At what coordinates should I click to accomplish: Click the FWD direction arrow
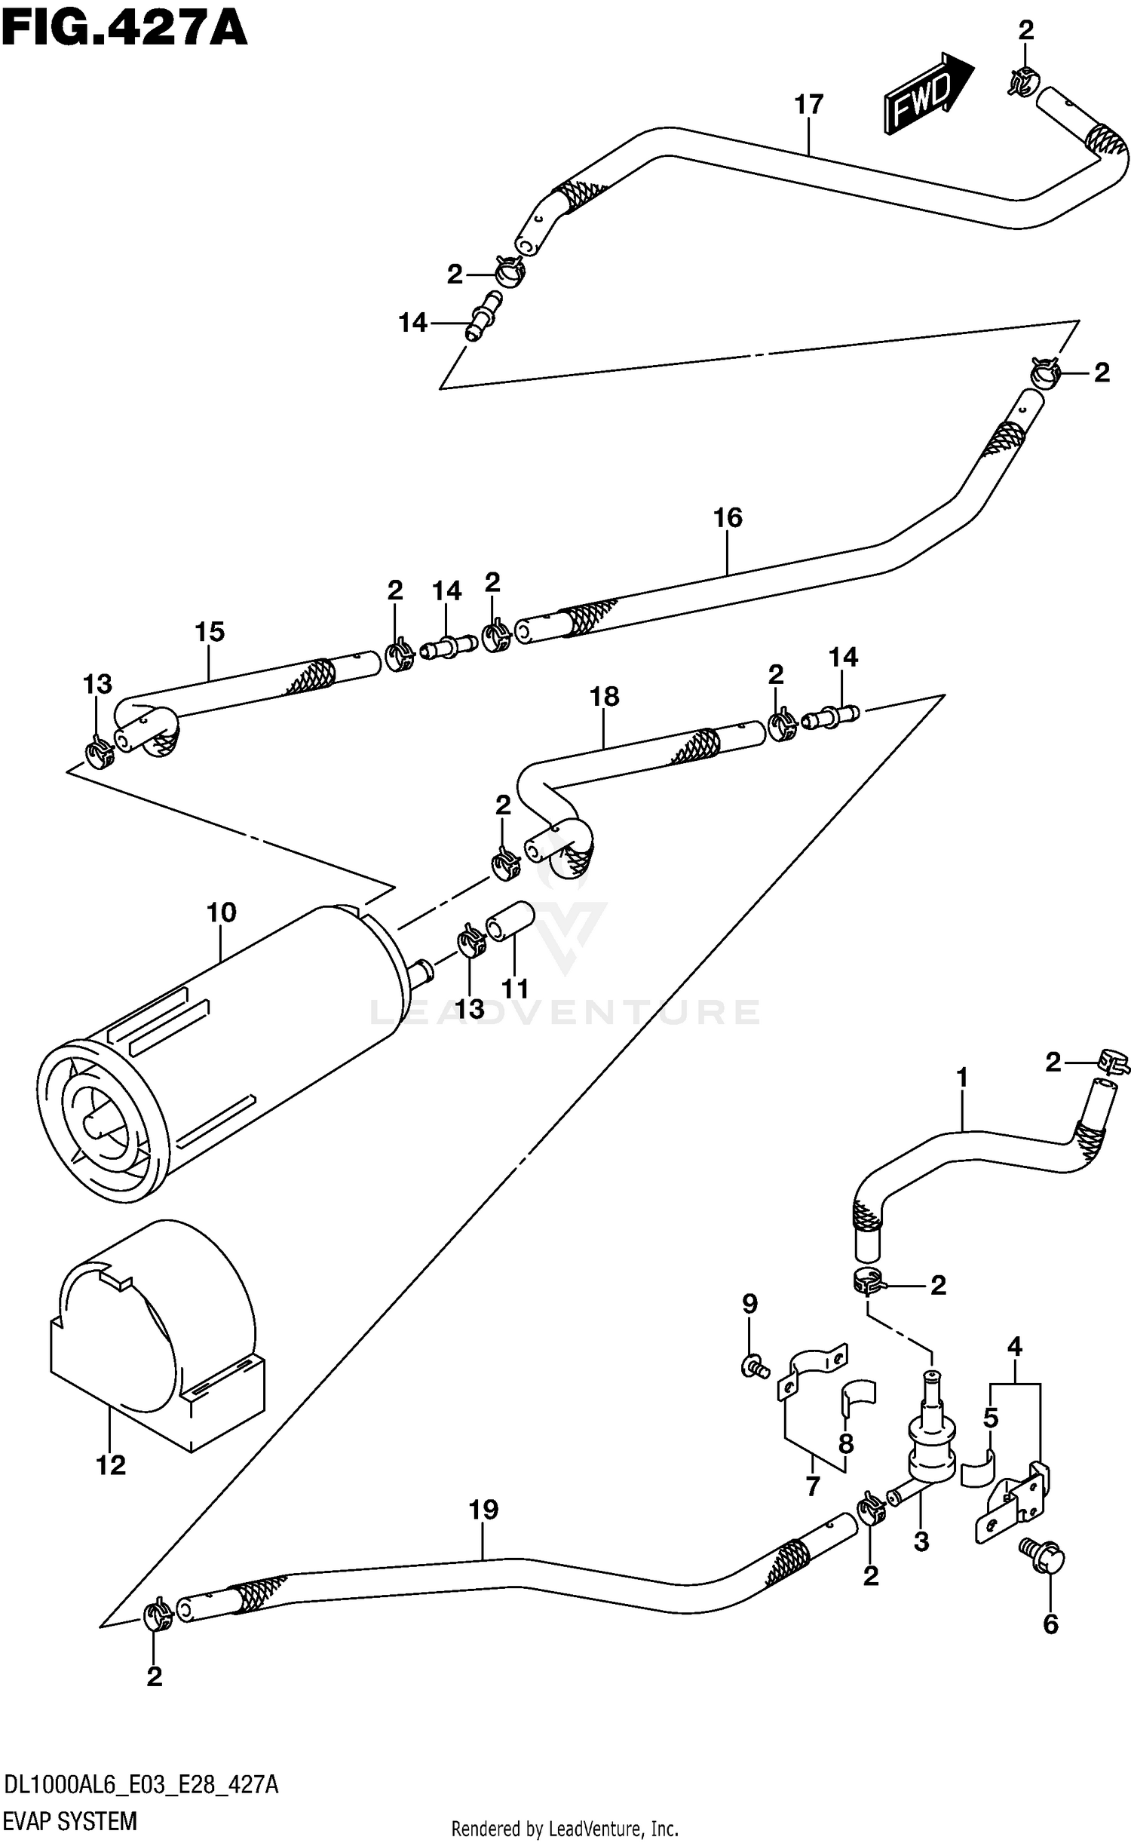click(x=927, y=94)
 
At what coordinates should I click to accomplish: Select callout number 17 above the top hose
click(x=808, y=104)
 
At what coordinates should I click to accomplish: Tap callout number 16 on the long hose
click(x=728, y=517)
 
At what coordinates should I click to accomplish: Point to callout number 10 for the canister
click(x=221, y=912)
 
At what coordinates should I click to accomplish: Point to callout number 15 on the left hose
click(x=210, y=631)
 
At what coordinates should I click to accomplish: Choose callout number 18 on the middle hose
click(x=604, y=696)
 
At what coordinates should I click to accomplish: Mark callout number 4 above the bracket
click(x=1014, y=1346)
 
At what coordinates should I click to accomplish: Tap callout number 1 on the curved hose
click(x=962, y=1078)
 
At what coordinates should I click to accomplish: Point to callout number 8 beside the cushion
click(x=846, y=1443)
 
